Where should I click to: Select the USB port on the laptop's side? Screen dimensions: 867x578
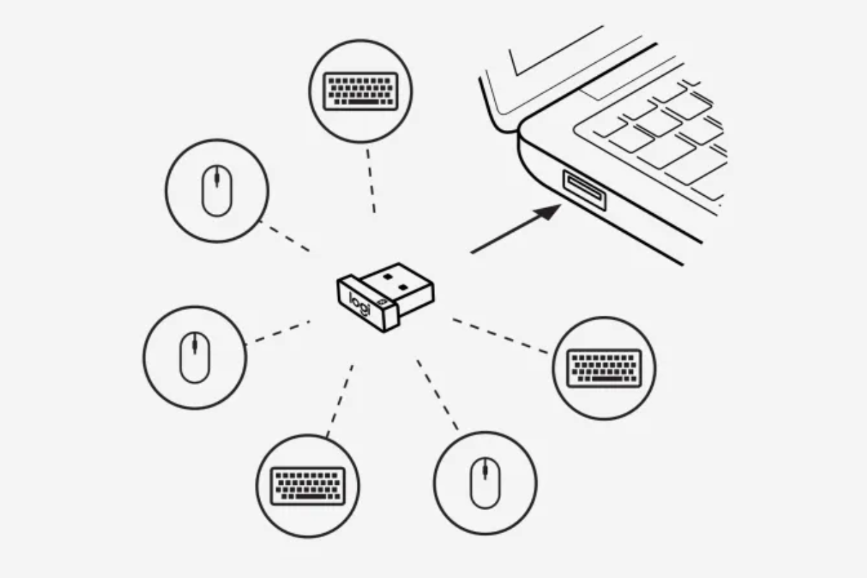click(585, 190)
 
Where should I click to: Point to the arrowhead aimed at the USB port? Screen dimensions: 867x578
click(547, 212)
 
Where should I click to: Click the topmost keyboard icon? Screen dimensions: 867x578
click(361, 91)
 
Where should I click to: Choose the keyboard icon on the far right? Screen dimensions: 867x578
click(604, 368)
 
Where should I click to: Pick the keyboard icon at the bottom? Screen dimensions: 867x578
click(308, 486)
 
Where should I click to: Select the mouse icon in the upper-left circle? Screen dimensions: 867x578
click(217, 191)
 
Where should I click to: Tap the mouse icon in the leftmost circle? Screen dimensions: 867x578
click(194, 358)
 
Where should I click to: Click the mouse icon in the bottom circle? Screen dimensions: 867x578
click(486, 483)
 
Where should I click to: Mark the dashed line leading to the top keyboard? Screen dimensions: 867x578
click(371, 181)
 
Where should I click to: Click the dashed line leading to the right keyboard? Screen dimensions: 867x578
click(500, 336)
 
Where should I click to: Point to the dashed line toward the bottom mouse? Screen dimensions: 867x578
click(437, 395)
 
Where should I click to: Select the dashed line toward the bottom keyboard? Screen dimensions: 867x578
click(340, 401)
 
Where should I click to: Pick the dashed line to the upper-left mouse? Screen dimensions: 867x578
click(284, 236)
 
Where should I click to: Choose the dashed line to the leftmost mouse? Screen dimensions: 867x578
click(278, 332)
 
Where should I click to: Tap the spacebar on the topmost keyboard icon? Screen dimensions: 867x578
click(363, 102)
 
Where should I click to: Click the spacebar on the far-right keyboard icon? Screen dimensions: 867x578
click(606, 379)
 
